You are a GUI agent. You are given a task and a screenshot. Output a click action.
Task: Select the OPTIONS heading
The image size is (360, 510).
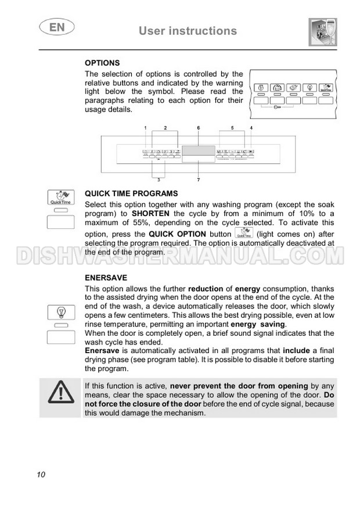click(x=102, y=63)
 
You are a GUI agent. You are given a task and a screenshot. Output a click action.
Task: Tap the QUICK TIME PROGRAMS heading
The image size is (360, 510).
click(x=131, y=193)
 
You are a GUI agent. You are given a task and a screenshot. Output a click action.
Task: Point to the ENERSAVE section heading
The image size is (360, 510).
click(x=106, y=278)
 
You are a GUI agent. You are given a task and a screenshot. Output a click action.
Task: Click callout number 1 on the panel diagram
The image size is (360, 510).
click(x=146, y=127)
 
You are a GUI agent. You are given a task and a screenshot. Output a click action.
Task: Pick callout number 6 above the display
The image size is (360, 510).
click(x=198, y=127)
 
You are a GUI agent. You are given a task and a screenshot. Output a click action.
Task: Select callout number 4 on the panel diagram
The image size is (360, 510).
click(x=251, y=127)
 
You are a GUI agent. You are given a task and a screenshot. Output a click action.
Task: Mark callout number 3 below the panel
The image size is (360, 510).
click(x=159, y=180)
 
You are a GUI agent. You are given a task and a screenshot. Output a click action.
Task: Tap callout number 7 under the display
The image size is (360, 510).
click(x=198, y=180)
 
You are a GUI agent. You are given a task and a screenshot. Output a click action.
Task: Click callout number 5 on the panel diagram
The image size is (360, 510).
click(x=232, y=127)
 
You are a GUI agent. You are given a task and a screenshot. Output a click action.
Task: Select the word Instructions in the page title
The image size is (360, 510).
click(x=203, y=31)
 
